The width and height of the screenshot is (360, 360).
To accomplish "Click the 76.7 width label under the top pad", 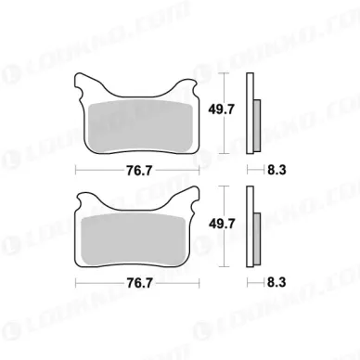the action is (139, 171).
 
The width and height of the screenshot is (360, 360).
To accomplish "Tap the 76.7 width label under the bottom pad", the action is (139, 283).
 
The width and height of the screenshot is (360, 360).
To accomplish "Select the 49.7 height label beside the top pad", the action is (222, 109).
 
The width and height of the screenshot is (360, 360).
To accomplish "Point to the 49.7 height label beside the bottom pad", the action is (222, 223).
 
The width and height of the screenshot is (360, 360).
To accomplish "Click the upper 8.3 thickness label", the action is (276, 170).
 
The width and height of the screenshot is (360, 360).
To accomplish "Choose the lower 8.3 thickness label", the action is (276, 282).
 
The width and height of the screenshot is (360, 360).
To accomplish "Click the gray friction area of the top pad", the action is (140, 126).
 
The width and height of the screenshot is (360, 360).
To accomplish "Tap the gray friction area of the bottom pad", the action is (134, 239).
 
